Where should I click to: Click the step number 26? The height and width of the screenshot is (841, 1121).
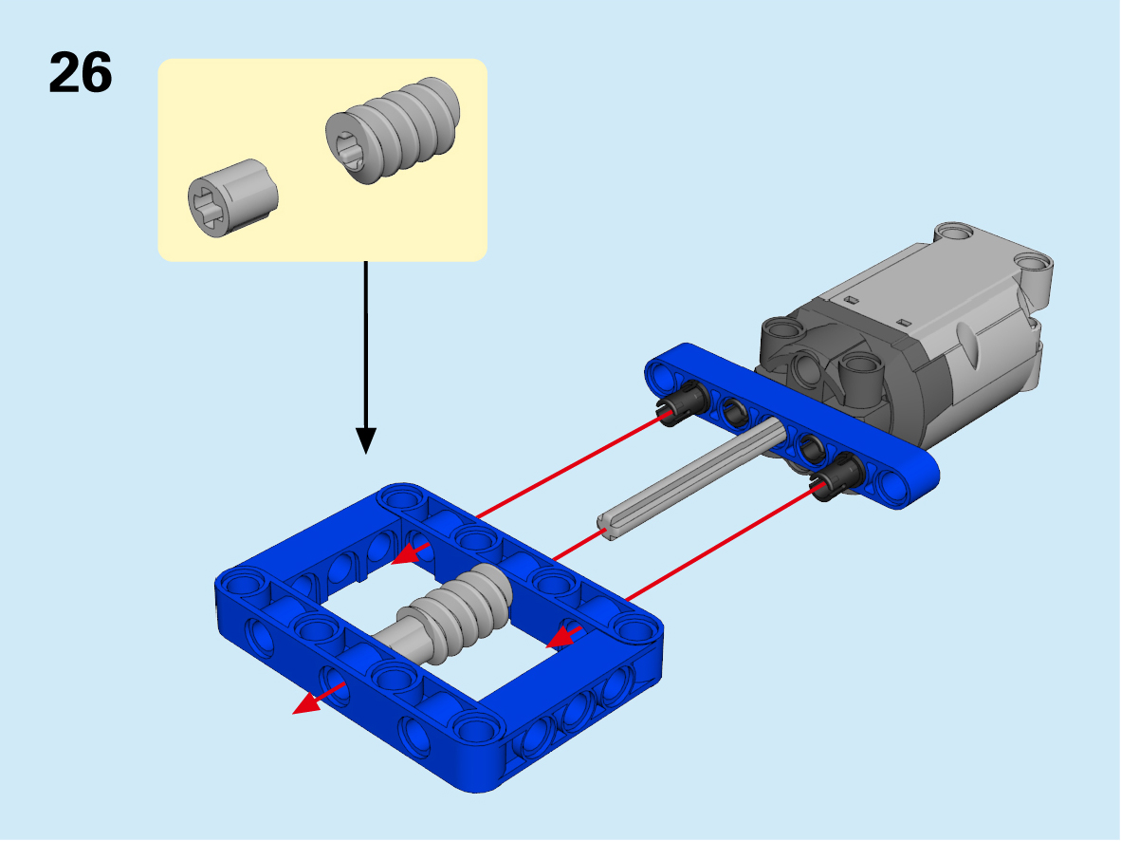(x=80, y=72)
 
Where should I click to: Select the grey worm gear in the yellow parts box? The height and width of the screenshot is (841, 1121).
(x=393, y=129)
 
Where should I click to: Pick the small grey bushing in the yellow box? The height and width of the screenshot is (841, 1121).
(x=232, y=197)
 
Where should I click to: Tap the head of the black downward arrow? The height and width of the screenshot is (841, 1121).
(x=366, y=440)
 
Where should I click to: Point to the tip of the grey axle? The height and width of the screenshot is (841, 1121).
(x=605, y=531)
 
